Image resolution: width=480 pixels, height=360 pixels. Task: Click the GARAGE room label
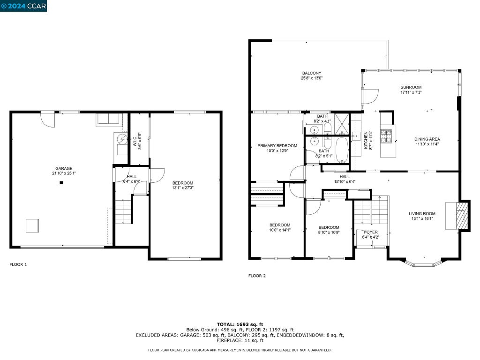64,168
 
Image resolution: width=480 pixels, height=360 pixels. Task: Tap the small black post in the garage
61,183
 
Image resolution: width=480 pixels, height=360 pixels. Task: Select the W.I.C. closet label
135,141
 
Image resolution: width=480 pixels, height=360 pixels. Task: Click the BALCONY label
312,73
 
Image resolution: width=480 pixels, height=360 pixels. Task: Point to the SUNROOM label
411,87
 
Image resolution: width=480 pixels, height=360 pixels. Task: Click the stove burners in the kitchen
386,136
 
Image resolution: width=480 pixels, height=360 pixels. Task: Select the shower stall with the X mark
342,124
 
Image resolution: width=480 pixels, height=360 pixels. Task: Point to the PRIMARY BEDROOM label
277,146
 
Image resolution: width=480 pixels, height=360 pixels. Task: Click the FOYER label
371,232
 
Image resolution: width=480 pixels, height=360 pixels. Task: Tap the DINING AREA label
427,139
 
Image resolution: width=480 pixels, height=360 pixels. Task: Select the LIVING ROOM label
422,214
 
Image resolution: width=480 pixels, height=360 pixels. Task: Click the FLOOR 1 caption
18,264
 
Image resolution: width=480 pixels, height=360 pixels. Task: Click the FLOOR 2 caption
257,276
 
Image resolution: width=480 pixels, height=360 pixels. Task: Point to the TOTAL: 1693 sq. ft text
240,324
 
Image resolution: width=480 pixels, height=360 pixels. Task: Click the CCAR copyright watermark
23,6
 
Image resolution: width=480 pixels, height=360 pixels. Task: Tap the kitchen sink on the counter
356,135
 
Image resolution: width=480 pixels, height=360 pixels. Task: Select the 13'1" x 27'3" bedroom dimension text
183,188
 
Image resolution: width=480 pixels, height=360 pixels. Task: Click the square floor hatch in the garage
32,225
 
